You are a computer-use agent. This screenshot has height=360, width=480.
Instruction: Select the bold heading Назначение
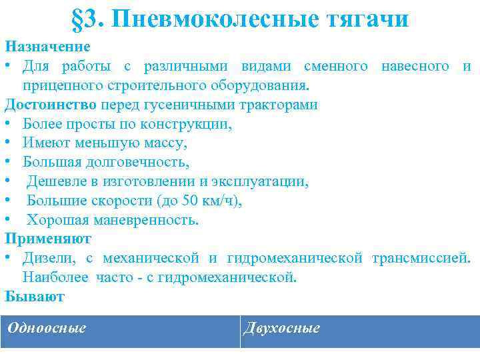pyautogui.click(x=47, y=47)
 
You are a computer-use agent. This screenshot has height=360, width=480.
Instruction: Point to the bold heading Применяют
pyautogui.click(x=48, y=238)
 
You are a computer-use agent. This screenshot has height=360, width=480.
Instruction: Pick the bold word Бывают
pyautogui.click(x=35, y=296)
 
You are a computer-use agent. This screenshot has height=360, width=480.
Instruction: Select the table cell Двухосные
pyautogui.click(x=282, y=328)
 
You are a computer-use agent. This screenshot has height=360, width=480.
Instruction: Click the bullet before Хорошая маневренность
pyautogui.click(x=8, y=220)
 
